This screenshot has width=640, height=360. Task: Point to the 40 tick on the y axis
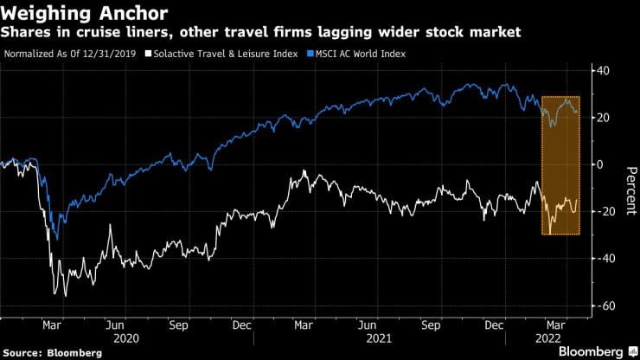(x=605, y=71)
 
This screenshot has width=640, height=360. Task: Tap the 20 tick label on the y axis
(x=605, y=118)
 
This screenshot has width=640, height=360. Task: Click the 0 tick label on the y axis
(x=602, y=164)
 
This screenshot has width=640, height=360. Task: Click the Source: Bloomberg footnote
(x=53, y=352)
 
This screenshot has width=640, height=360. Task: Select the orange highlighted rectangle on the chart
(x=560, y=164)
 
